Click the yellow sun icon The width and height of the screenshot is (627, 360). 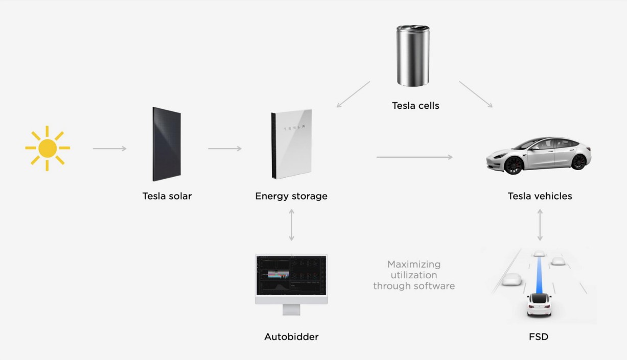48,148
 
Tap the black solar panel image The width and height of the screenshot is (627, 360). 167,144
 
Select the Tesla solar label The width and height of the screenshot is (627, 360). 167,196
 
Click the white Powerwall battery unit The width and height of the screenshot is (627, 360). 291,144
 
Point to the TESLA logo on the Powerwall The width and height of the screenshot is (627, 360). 294,128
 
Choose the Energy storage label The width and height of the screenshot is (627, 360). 291,196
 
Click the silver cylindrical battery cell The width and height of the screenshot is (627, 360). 413,55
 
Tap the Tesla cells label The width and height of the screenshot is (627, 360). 415,106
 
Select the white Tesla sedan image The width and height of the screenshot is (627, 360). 539,156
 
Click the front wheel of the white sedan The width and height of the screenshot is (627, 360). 514,165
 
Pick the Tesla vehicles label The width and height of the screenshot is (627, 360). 540,196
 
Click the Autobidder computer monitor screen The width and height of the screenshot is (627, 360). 291,275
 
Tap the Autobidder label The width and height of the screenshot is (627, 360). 291,337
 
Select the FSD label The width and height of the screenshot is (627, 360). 539,337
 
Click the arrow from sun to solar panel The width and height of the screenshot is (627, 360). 110,149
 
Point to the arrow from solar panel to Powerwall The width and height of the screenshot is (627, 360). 225,149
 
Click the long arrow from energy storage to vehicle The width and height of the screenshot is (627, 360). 414,157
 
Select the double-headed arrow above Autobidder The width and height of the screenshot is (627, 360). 291,225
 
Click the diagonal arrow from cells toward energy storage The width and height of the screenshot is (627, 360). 353,94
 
